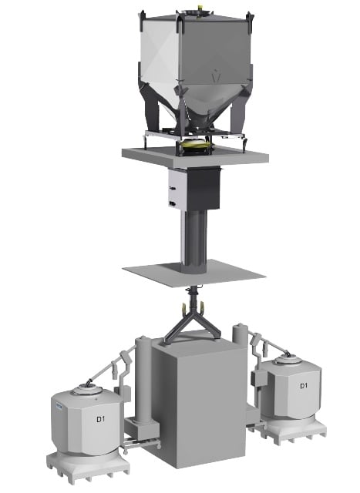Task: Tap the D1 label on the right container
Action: (304, 385)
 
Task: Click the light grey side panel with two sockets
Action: (176, 189)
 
